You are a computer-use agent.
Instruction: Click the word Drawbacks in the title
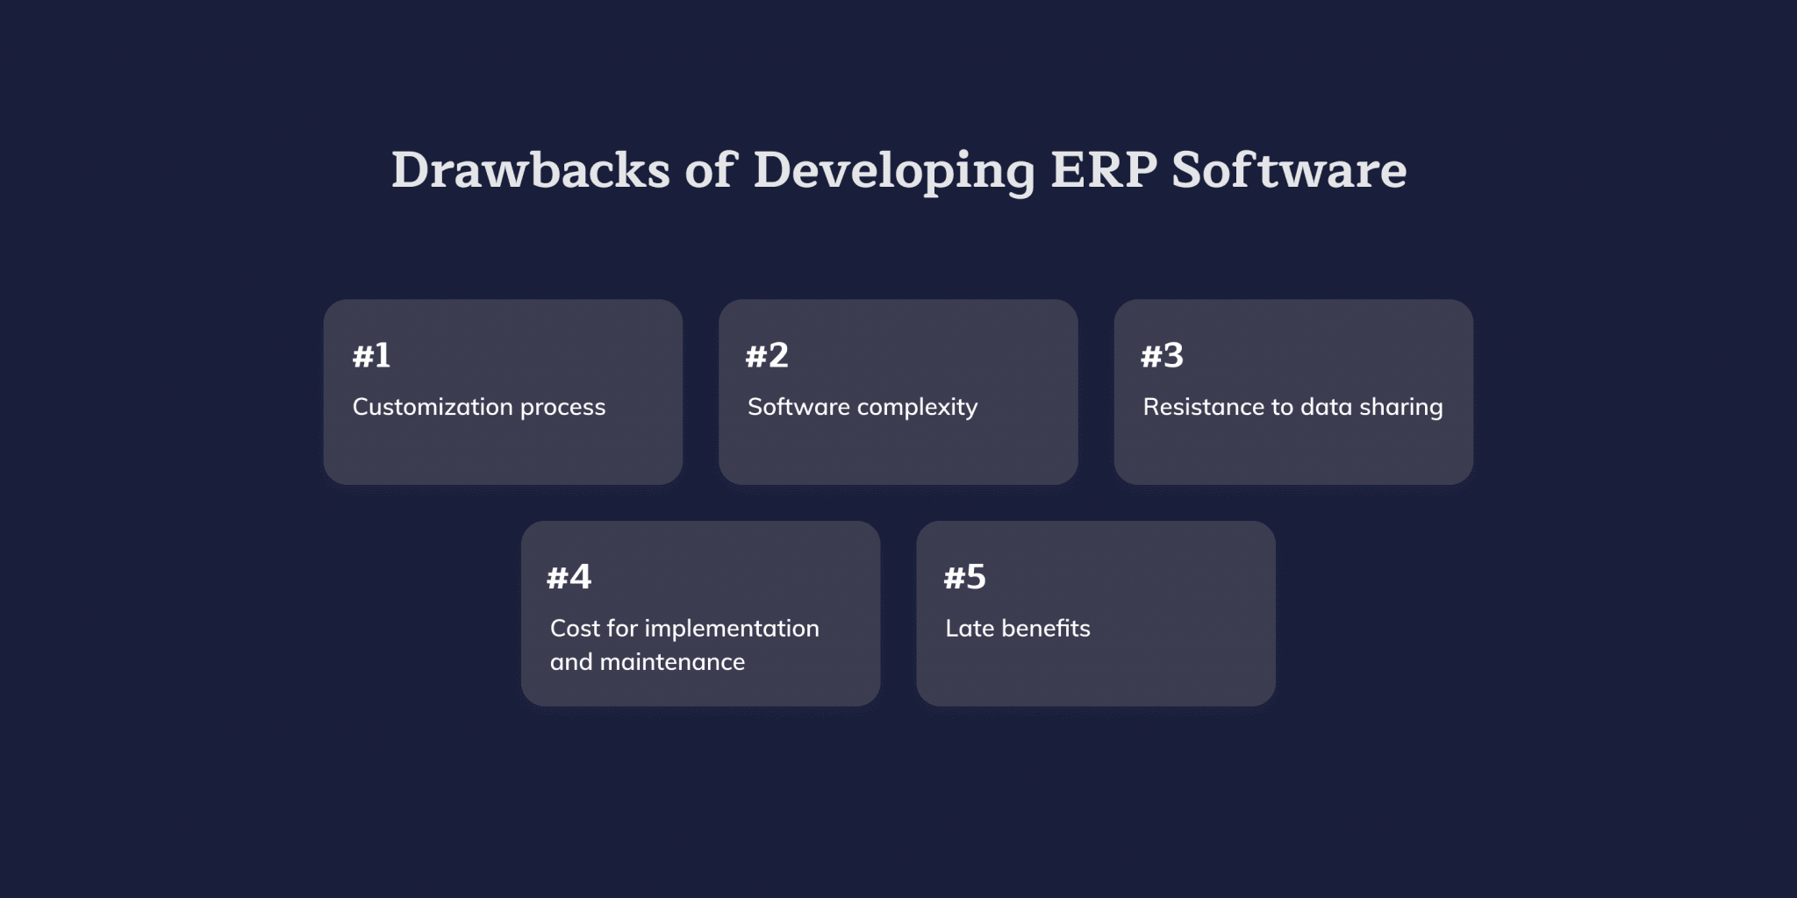[530, 170]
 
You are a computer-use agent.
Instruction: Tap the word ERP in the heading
[1103, 170]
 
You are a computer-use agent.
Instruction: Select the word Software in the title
[1289, 170]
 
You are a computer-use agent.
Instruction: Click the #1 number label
[371, 356]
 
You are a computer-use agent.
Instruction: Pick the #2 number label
[767, 356]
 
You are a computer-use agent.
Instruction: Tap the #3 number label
[1162, 356]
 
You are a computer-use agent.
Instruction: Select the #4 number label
[569, 578]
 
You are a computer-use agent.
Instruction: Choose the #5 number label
[964, 578]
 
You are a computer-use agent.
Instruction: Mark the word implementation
[732, 630]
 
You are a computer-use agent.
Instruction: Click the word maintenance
[672, 662]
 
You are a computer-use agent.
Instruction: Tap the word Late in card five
[969, 629]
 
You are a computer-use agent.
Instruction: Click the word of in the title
[710, 170]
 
